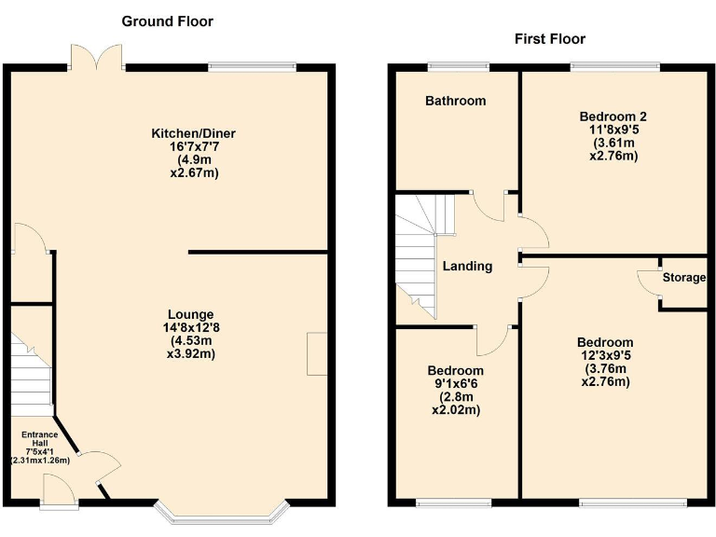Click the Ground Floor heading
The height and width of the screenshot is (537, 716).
point(167,21)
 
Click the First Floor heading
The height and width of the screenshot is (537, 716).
point(549,38)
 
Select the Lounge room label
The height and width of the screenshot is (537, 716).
point(190,314)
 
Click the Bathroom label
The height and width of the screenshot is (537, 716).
point(455,100)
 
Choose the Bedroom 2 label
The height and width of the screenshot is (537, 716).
point(613,117)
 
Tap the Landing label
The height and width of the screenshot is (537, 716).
point(467,266)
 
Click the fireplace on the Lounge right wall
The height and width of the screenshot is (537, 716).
point(318,353)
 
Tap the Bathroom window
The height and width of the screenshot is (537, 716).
point(454,66)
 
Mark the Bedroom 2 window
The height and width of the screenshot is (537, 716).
point(614,66)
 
